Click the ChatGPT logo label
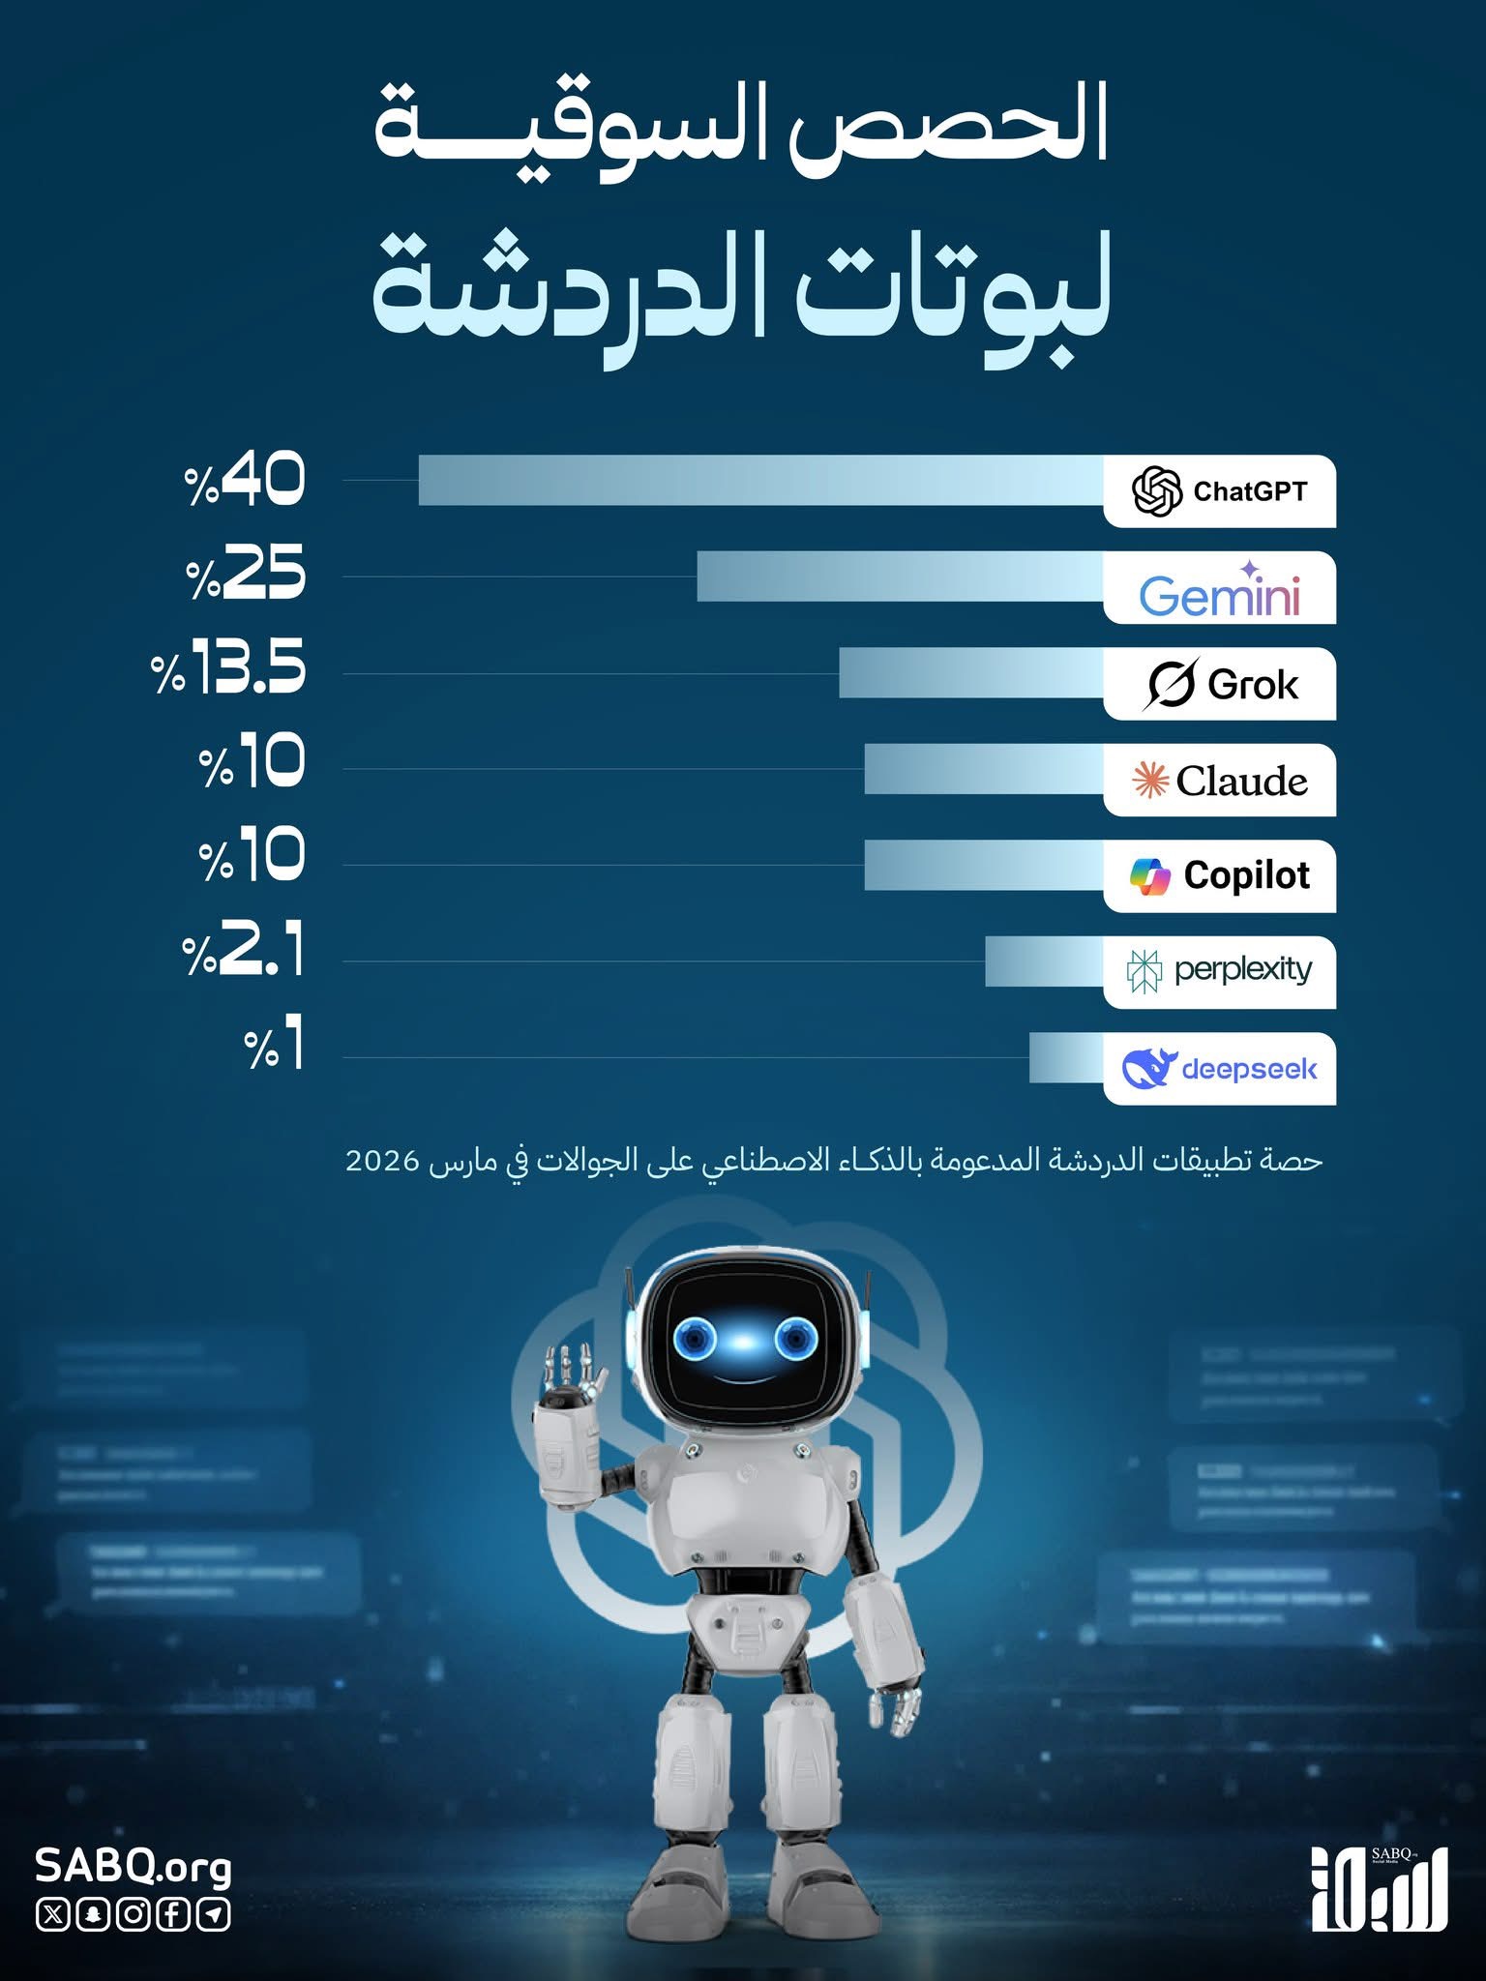(x=1219, y=491)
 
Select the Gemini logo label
(x=1219, y=589)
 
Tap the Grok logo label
(x=1221, y=684)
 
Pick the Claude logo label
(x=1219, y=781)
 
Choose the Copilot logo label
(x=1219, y=876)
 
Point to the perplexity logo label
(x=1219, y=971)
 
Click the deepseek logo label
(x=1219, y=1069)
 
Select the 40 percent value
(x=246, y=480)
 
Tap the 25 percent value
(x=246, y=574)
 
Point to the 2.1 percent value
(x=244, y=951)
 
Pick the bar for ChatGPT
(x=760, y=480)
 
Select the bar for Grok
(x=970, y=672)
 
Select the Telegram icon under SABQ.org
(x=214, y=1914)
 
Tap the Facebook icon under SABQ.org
(x=174, y=1914)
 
